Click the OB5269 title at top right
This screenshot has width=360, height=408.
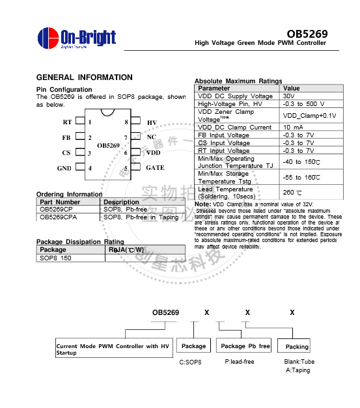[307, 33]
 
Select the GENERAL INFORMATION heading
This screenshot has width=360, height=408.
[85, 77]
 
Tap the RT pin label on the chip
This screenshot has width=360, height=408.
[67, 122]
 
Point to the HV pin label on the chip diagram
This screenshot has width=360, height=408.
[152, 122]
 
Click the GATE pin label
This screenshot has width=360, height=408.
[155, 168]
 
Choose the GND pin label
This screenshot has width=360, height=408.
[64, 168]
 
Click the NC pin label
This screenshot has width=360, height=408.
[151, 137]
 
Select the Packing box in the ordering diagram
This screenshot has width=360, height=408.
[297, 347]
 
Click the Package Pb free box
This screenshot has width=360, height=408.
[245, 346]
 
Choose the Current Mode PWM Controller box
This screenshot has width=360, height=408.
[112, 349]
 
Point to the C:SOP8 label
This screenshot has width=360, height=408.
[191, 361]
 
